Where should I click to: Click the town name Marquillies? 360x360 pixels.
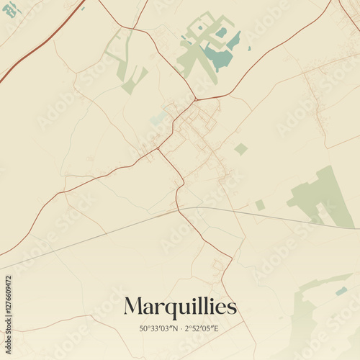coord(180,307)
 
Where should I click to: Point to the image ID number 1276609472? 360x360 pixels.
coord(9,310)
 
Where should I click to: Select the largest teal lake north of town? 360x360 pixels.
coord(217,58)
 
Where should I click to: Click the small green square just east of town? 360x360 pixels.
coord(240,149)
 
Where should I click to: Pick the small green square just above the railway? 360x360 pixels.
coord(260,205)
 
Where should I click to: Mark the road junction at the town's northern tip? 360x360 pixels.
coord(195,99)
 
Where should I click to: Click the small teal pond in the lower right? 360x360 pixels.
coord(341,291)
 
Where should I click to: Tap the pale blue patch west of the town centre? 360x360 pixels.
coord(158,118)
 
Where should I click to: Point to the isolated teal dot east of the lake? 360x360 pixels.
coord(249,48)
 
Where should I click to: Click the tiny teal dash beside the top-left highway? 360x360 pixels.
coord(83,8)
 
